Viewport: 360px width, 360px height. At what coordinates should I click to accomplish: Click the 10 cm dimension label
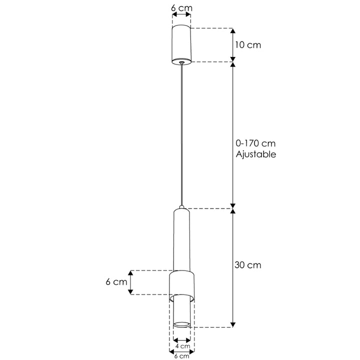coord(247,45)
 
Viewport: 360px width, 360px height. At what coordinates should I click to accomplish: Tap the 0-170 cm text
coord(255,143)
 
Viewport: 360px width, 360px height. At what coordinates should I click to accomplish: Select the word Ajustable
coord(255,154)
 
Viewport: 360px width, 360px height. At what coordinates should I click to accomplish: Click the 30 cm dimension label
coord(247,265)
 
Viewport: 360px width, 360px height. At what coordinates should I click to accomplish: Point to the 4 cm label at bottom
coord(181,346)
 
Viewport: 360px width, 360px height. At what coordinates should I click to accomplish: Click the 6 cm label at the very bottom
coord(181,355)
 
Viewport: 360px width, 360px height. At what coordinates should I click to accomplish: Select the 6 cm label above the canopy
coord(181,8)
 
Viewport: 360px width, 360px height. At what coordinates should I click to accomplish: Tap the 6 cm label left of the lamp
coord(116,282)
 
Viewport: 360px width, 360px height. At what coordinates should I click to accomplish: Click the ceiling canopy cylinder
coord(181,45)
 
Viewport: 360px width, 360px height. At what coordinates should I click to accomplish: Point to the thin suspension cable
coord(181,135)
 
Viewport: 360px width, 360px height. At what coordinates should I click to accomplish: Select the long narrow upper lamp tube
coord(181,240)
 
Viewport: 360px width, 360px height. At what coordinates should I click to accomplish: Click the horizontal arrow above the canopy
coord(181,16)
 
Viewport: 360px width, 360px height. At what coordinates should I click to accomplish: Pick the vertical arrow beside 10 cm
coord(233,45)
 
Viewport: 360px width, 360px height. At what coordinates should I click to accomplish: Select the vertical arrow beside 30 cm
coord(233,267)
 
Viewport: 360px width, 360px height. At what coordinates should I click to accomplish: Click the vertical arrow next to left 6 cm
coord(131,282)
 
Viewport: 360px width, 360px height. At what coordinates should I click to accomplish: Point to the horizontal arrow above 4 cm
coord(181,339)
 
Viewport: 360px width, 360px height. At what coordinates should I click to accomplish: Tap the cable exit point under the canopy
coord(181,63)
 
